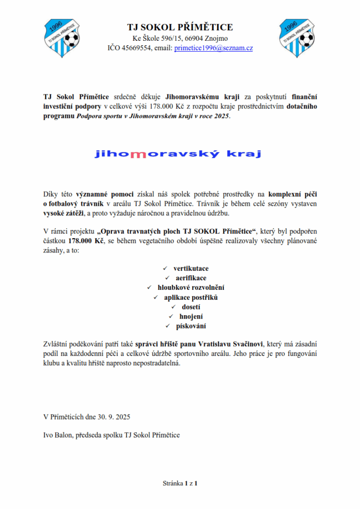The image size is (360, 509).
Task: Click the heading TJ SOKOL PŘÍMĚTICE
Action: [x=180, y=27]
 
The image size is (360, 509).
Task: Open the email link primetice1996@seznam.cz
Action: [x=214, y=48]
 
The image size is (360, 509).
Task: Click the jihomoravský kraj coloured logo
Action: [x=178, y=154]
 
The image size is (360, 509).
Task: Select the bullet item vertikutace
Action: [x=191, y=268]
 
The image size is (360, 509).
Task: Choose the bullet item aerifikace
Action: [x=191, y=278]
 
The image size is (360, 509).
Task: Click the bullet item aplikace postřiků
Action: [x=191, y=297]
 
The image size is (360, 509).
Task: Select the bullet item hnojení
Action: [x=191, y=316]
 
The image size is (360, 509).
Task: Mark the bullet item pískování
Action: [x=191, y=326]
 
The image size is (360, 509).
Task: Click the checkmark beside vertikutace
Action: [x=166, y=268]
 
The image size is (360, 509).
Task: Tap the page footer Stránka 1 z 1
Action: [x=180, y=483]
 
